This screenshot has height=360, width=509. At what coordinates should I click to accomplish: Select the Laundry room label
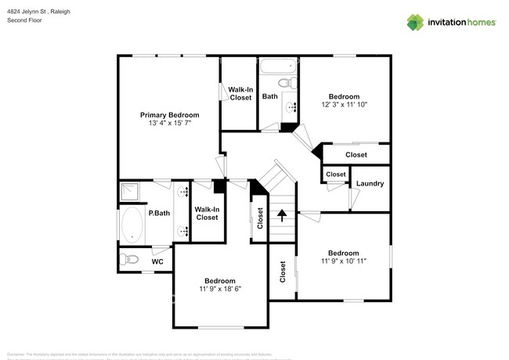point(370,184)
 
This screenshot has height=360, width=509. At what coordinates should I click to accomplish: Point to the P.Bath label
point(161,213)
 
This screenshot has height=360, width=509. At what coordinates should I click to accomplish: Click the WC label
point(157,261)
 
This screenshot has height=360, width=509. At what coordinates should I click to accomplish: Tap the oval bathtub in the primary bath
point(132,225)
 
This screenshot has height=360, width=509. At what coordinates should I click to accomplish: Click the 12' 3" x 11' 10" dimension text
point(344,104)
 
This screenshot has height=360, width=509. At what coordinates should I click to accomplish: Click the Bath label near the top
point(269,97)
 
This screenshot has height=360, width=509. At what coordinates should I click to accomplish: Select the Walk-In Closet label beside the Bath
point(240,93)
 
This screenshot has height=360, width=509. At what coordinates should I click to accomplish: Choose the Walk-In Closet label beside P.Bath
point(207,213)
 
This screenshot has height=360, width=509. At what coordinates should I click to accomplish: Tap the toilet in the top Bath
point(287,82)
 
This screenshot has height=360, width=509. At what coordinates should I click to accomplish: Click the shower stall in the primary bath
point(130,193)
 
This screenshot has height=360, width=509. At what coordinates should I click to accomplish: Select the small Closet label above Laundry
point(336,174)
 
